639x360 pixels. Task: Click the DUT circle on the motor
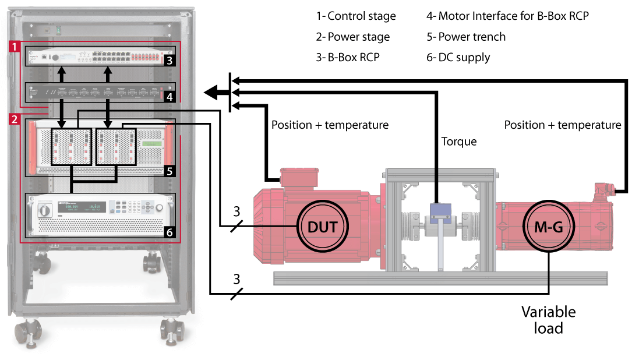point(322,226)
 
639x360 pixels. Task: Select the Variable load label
point(548,320)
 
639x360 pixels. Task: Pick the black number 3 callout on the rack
point(169,59)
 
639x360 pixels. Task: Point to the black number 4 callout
point(169,97)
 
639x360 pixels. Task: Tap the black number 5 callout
point(169,171)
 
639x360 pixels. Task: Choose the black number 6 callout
point(169,232)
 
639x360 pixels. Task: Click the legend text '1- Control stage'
point(356,16)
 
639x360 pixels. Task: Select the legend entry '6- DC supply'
point(458,57)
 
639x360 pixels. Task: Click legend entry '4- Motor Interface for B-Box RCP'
point(507,16)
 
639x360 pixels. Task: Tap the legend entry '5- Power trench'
point(466,37)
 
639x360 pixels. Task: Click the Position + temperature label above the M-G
point(562,125)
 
